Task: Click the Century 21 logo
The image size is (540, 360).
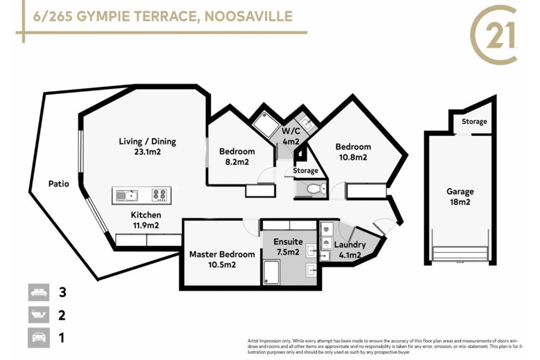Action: coord(494,34)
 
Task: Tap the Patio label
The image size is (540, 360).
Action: coord(59,184)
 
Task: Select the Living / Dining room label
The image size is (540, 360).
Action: coord(148,141)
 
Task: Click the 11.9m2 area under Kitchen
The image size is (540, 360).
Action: coord(146,226)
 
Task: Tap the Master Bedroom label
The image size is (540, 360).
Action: coord(222,255)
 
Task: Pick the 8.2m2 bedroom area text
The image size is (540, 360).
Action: coord(237,162)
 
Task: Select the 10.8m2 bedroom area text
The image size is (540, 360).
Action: coord(353,157)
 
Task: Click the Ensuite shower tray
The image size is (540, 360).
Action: coord(272,272)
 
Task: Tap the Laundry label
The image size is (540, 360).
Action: coord(350,245)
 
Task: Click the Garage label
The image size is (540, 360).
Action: coord(460,191)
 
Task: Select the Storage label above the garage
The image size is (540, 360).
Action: coord(474,121)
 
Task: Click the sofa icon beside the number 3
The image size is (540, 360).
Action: coord(39,293)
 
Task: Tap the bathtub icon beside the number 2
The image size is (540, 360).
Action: coord(39,315)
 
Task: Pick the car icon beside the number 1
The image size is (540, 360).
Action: coord(39,337)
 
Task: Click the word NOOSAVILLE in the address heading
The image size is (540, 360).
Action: coord(249,16)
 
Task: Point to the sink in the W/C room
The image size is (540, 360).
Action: coord(306,123)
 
